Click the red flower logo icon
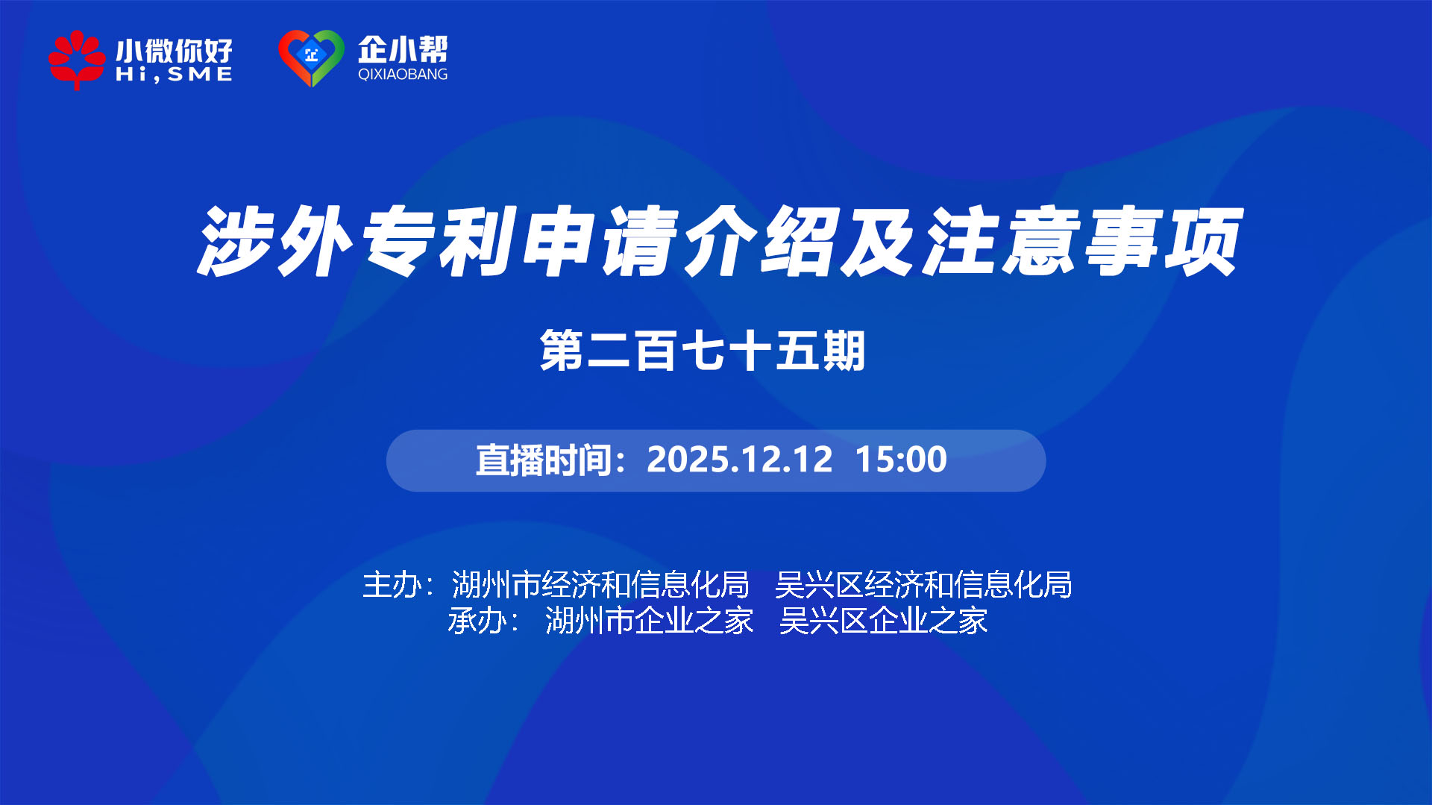(77, 60)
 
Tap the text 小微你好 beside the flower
(174, 51)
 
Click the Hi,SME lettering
(174, 74)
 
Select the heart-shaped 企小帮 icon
(311, 58)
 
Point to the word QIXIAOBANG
(403, 74)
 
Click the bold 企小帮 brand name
(403, 49)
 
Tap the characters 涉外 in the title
(275, 241)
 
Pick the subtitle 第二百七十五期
(703, 351)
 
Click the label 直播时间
(544, 460)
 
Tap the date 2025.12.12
(739, 460)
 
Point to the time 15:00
(901, 460)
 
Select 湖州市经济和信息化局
(600, 585)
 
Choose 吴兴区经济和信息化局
(923, 585)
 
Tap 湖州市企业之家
(649, 621)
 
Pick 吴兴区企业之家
(883, 621)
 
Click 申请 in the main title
(600, 241)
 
